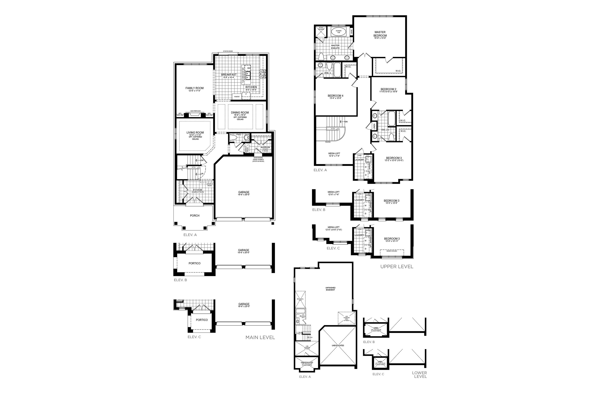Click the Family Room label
click(194, 88)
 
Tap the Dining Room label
click(240, 113)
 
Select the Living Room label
click(195, 133)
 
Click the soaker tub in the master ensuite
click(338, 32)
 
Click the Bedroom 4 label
click(335, 96)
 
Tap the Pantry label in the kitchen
click(237, 97)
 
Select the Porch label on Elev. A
click(194, 216)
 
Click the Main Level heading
click(260, 337)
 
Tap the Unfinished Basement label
click(330, 289)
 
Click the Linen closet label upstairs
click(374, 126)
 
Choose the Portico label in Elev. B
click(194, 263)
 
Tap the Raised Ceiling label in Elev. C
click(392, 251)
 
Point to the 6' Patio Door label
click(228, 51)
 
